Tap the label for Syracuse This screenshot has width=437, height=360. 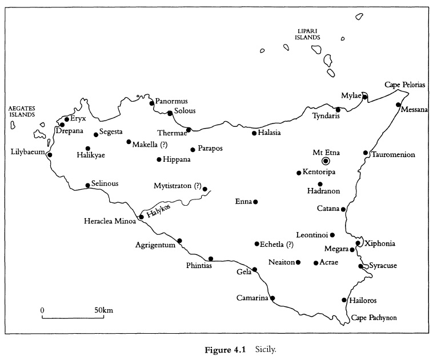(382, 266)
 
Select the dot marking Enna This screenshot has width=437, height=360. (255, 202)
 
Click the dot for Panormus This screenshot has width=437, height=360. (151, 103)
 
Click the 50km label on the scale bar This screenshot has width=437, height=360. (104, 310)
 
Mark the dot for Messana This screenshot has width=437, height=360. (398, 105)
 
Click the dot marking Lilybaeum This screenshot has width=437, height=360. (50, 154)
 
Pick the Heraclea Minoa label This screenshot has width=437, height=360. (110, 221)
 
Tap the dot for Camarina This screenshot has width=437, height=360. (272, 298)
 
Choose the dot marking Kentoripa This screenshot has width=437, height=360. (299, 173)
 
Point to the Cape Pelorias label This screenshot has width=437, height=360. (404, 85)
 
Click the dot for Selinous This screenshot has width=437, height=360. (87, 185)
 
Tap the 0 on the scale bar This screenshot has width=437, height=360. (42, 310)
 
